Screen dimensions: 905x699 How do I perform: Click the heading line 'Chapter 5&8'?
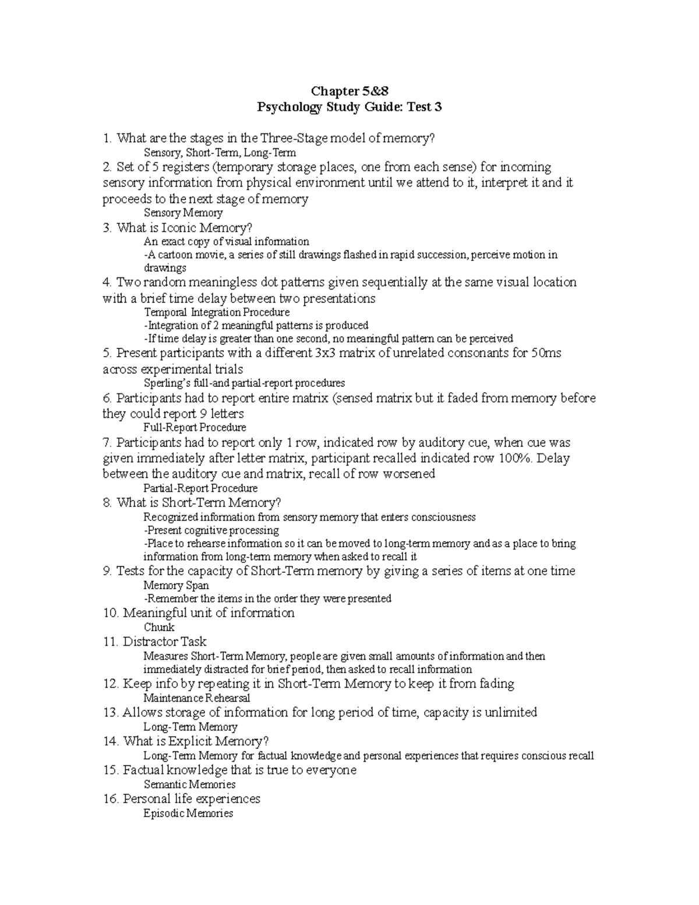(348, 91)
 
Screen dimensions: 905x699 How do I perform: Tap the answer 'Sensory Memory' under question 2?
(183, 213)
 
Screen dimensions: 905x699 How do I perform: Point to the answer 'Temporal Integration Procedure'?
(216, 312)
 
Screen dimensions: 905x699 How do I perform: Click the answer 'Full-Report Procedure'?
(195, 428)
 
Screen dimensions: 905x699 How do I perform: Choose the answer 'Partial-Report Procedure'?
(200, 488)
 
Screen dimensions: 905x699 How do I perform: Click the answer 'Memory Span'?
(176, 586)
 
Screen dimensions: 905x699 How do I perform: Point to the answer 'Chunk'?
(159, 628)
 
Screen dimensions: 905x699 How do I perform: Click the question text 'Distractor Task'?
(164, 642)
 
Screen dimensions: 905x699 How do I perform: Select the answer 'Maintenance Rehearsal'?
(196, 698)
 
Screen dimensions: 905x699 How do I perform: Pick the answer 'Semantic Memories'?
(189, 785)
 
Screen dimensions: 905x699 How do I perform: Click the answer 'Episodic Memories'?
(188, 814)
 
